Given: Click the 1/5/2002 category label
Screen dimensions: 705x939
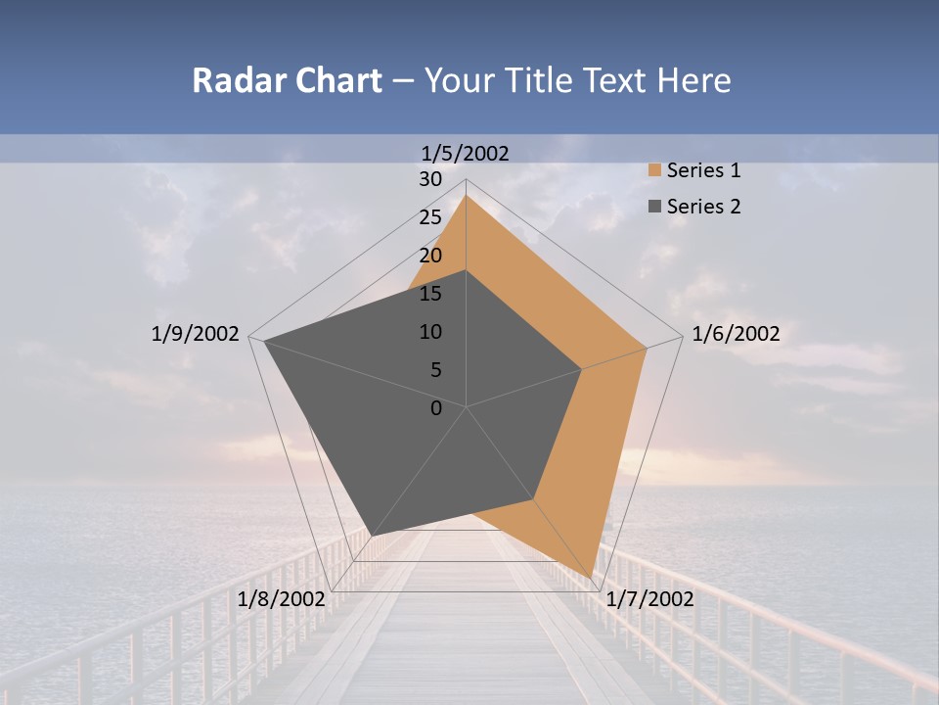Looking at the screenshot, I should click(x=466, y=153).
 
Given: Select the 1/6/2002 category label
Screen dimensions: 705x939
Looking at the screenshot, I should click(x=736, y=334).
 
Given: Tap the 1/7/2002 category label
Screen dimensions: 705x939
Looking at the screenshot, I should click(x=649, y=599).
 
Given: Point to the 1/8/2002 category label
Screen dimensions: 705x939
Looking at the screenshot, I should click(x=281, y=599).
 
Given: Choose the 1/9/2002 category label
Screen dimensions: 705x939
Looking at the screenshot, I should click(x=196, y=334).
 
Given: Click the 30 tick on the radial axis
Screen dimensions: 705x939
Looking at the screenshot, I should click(x=429, y=179).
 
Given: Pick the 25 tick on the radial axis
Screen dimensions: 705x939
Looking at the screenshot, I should click(x=429, y=217).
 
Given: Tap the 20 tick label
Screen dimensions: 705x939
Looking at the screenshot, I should click(x=429, y=256).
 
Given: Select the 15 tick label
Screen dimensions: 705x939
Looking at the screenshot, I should click(x=429, y=294).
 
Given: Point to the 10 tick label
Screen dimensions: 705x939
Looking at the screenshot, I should click(x=429, y=332).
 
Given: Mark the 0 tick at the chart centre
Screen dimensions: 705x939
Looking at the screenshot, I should click(x=436, y=408).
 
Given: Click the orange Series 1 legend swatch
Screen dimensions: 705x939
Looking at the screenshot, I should click(x=653, y=170).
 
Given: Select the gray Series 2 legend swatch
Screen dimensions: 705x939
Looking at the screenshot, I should click(x=653, y=207).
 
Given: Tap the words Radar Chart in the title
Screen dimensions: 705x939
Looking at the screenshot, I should click(x=287, y=80).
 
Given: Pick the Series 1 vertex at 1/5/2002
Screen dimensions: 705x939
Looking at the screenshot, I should click(x=466, y=196).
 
